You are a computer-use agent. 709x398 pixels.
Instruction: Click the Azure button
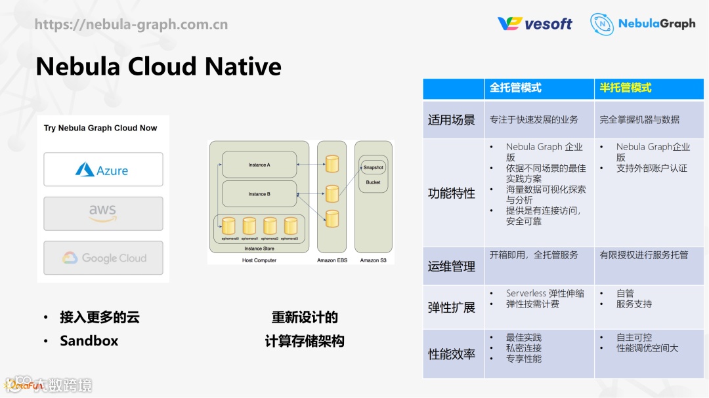tap(103, 170)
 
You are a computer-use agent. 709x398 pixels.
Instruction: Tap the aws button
tap(103, 213)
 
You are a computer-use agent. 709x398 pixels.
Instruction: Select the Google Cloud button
tap(103, 258)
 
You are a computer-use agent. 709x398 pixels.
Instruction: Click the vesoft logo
tap(534, 24)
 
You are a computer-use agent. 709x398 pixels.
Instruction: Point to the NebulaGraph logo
tap(642, 24)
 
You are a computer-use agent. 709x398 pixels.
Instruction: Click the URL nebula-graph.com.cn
tap(131, 25)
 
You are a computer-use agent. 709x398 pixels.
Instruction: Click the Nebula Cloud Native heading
tap(158, 66)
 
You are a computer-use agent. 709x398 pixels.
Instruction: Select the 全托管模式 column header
tap(515, 88)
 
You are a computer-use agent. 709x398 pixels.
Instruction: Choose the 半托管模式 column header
tap(626, 88)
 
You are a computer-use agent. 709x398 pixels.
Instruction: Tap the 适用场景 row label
tap(452, 120)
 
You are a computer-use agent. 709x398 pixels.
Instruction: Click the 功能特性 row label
tap(452, 193)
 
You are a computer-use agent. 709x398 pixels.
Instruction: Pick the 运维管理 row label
tap(452, 266)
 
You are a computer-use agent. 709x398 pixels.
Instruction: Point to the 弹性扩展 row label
tap(452, 307)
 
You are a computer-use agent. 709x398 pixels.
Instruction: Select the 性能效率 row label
tap(452, 354)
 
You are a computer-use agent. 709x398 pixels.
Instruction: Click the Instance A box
tap(259, 165)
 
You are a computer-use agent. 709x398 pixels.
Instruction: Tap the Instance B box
tap(259, 194)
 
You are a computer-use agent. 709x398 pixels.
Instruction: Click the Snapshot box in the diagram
tap(373, 168)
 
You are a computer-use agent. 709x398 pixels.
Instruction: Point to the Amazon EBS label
tap(332, 260)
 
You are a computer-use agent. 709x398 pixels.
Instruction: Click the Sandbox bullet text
tap(89, 341)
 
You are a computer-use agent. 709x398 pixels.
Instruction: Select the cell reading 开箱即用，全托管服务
tap(534, 255)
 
